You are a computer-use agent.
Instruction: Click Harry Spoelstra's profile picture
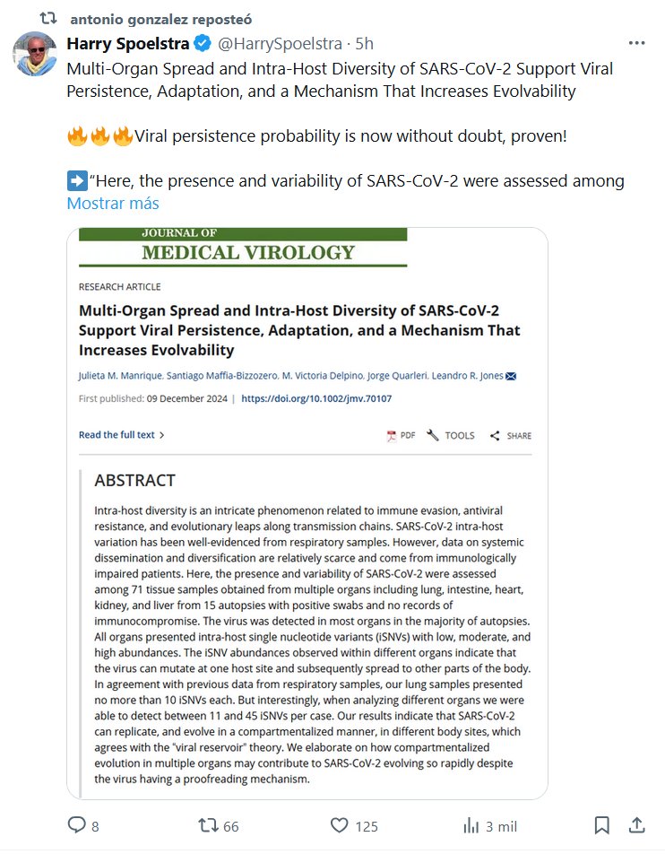point(34,54)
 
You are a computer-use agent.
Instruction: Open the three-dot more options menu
point(636,43)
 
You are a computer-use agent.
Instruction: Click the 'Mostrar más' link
point(113,203)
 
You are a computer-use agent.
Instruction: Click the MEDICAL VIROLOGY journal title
point(248,252)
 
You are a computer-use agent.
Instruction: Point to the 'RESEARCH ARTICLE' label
point(120,287)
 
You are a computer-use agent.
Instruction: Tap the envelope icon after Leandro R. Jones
point(511,375)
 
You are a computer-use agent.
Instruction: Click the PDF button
point(401,436)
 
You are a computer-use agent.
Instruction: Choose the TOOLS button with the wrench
point(451,436)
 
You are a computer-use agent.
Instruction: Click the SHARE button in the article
point(511,436)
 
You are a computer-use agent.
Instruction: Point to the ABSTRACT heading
point(134,481)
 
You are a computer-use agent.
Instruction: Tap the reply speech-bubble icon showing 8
point(79,825)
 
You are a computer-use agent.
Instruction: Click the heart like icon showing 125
point(339,825)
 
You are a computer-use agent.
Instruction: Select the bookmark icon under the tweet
point(602,825)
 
